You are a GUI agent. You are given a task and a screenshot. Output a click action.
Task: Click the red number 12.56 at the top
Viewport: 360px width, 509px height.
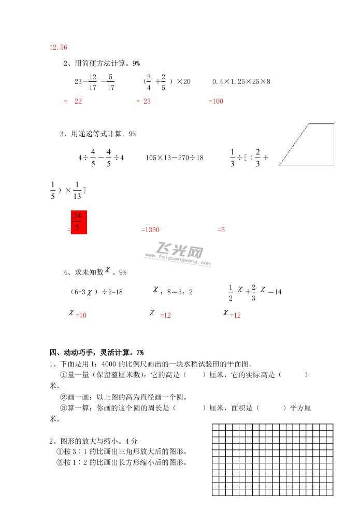tap(58, 48)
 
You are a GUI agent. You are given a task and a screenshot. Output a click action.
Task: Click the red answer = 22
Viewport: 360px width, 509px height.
tap(73, 102)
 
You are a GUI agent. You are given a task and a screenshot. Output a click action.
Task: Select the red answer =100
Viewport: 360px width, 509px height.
tap(215, 102)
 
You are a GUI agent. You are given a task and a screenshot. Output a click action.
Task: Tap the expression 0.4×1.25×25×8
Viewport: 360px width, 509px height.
tap(241, 82)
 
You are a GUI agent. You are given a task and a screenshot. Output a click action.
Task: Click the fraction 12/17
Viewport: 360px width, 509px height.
tap(93, 82)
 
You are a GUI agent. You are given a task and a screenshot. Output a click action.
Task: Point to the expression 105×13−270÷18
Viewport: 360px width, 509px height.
tap(175, 158)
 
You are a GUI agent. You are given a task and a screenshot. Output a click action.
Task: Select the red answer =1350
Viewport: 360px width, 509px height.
tap(150, 229)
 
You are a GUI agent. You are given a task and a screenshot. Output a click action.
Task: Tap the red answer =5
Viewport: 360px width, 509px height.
tap(221, 229)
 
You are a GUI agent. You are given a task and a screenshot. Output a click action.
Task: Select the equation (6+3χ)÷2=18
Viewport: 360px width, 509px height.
tap(96, 292)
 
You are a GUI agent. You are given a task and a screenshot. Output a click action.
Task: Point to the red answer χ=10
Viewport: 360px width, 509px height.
tap(78, 314)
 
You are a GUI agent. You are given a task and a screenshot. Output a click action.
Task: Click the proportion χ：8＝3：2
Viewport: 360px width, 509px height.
tap(173, 292)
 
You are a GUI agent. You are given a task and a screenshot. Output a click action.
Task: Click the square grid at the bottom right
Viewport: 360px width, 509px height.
tap(272, 459)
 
